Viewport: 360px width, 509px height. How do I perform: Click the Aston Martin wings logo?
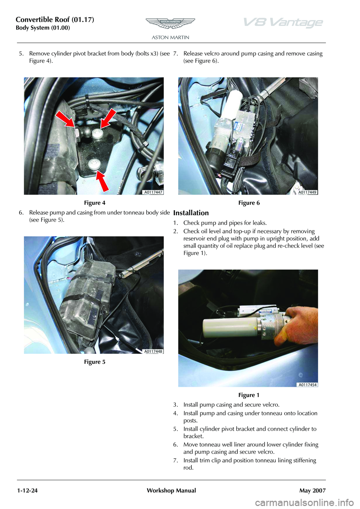[x=170, y=23]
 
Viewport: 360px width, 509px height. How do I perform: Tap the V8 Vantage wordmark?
[x=283, y=23]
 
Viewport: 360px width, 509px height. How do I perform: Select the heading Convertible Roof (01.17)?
[x=55, y=20]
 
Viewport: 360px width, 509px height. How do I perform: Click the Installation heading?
[x=191, y=213]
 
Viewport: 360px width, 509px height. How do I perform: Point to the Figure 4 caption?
[x=95, y=203]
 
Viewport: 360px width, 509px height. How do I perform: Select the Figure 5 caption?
[x=95, y=362]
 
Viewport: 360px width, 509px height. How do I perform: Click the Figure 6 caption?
[x=249, y=203]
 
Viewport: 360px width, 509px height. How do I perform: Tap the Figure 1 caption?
[x=249, y=395]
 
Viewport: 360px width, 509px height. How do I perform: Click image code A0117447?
[x=154, y=192]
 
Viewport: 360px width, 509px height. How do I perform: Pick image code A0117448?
[x=154, y=351]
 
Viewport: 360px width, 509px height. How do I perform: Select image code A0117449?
[x=307, y=192]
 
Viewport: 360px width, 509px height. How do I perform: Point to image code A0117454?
[x=307, y=385]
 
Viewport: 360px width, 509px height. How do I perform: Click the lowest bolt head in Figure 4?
[x=93, y=164]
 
